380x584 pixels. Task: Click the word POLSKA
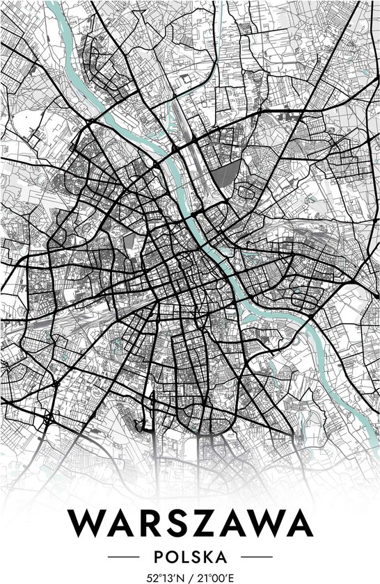(x=190, y=557)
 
